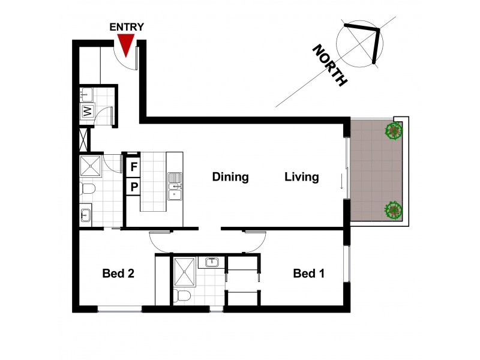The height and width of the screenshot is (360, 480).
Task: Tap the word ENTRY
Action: (x=127, y=27)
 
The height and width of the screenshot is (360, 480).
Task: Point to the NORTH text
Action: (x=329, y=66)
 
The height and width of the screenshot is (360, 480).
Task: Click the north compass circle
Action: (x=359, y=44)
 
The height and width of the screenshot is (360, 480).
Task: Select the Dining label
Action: (x=230, y=177)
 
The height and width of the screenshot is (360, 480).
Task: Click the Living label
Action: (x=301, y=177)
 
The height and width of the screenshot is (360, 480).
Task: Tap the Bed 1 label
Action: (x=309, y=274)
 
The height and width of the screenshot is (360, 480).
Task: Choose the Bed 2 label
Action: (x=118, y=274)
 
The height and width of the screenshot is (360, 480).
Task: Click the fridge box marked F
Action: (x=134, y=166)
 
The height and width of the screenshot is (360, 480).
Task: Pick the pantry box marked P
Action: (x=134, y=187)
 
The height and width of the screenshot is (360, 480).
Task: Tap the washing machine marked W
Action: (x=87, y=111)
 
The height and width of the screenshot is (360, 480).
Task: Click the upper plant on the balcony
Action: (x=394, y=130)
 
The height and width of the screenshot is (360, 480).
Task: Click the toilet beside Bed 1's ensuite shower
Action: (x=183, y=295)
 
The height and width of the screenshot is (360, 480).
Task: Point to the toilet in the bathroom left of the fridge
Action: (x=89, y=190)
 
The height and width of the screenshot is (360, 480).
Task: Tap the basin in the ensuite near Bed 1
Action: (x=212, y=262)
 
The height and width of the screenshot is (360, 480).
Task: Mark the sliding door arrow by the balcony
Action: (x=341, y=181)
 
